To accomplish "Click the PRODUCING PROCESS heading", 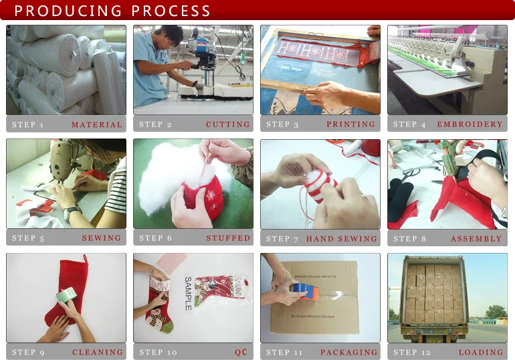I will [112, 11].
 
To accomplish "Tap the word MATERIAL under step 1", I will [97, 124].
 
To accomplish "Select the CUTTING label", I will [227, 124].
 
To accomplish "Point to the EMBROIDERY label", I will [470, 124].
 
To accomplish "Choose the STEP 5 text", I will [29, 238].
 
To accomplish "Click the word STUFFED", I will [228, 238].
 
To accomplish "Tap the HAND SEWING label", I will [341, 239].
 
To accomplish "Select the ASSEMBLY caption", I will [476, 239].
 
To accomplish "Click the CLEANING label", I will [98, 353].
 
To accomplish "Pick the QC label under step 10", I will [241, 353].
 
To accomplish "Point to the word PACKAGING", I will [348, 353].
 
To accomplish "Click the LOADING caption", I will [480, 353].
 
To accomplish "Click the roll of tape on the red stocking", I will [66, 295].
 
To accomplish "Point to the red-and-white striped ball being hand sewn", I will [320, 183].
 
